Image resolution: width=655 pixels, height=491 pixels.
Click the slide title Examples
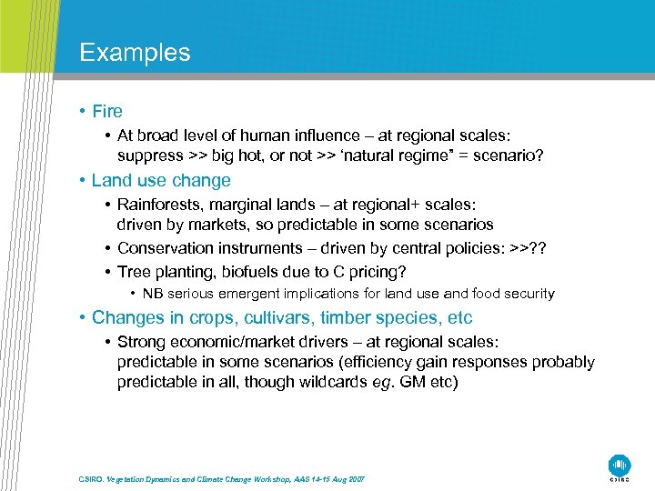click(135, 53)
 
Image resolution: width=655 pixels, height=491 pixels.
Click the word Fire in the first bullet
click(106, 112)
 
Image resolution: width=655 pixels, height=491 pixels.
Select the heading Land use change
click(161, 180)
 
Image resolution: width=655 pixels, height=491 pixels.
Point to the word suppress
click(150, 155)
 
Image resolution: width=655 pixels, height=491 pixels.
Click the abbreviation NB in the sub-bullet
click(152, 294)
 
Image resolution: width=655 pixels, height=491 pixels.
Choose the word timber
click(345, 318)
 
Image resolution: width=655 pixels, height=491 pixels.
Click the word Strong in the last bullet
click(143, 342)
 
